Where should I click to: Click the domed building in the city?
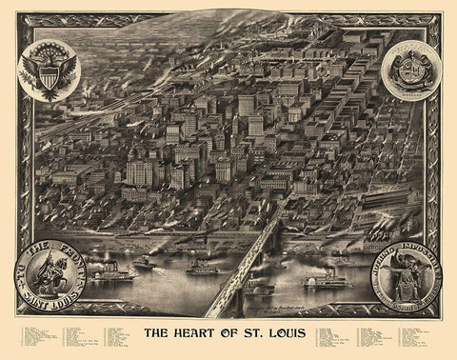point(135,156)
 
